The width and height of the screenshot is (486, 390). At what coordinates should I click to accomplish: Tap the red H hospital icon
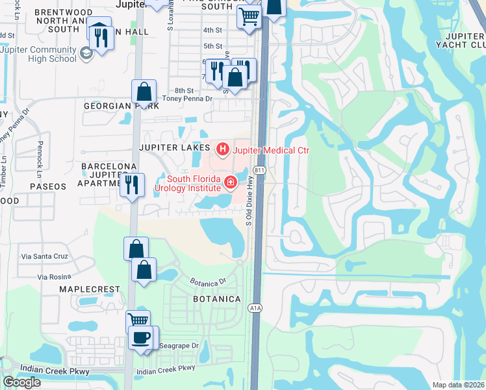tap(222, 150)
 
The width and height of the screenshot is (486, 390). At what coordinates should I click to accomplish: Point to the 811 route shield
tap(260, 170)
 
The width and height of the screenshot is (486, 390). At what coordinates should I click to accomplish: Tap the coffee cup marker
tap(141, 337)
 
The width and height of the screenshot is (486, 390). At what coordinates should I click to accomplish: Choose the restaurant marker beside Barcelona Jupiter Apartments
tap(132, 185)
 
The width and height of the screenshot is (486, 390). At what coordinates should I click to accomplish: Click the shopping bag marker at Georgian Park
tap(144, 92)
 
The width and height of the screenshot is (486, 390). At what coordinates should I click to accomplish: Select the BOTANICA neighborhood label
tap(217, 299)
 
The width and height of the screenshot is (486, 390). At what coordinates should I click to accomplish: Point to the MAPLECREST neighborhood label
tap(90, 289)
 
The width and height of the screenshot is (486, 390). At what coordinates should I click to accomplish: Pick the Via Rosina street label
tap(55, 277)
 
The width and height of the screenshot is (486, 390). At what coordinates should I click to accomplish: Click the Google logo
tap(21, 382)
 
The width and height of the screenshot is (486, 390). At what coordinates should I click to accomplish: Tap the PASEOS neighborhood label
tap(48, 187)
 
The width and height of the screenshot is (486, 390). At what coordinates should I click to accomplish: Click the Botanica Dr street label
tap(207, 283)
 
